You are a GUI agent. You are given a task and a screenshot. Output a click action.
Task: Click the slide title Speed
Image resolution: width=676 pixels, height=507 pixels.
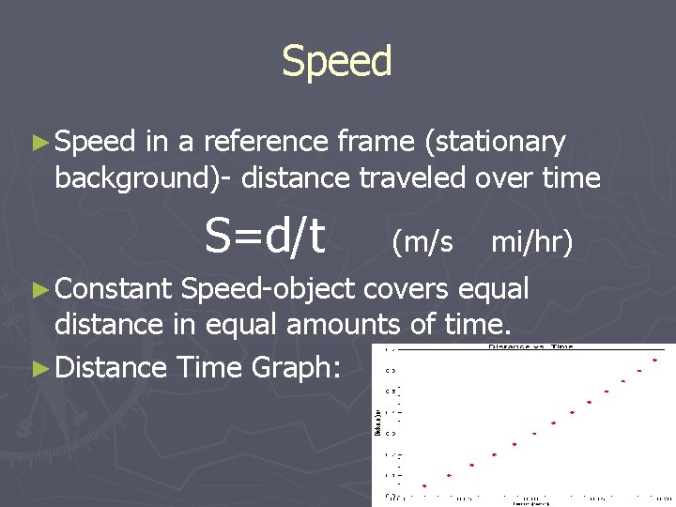pos(337,62)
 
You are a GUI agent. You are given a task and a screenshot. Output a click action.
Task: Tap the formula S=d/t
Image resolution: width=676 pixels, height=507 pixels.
pos(266,237)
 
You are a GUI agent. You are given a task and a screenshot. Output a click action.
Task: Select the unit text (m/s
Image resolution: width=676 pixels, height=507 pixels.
pos(422,242)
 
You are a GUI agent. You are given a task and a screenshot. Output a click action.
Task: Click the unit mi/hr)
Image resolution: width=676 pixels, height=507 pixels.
pos(531,242)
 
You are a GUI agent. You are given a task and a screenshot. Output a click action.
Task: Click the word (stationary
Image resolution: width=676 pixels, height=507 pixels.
pos(495,143)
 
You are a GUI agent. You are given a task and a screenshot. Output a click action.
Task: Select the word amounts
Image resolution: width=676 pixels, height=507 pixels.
pos(370,326)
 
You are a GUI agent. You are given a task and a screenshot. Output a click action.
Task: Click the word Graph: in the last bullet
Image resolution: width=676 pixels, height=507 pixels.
pos(296,367)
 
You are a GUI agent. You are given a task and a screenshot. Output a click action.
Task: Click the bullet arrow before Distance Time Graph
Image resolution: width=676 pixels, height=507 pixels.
pos(38,366)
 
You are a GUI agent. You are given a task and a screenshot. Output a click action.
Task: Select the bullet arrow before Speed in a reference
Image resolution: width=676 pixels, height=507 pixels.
pos(38,143)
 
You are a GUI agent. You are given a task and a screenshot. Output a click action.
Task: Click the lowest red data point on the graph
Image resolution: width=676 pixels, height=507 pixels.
pos(424,485)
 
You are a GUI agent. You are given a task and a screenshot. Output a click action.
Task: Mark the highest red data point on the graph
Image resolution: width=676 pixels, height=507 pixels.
pos(656,360)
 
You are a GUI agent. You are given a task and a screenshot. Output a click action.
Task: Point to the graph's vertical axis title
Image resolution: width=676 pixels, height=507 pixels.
pos(378,422)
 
